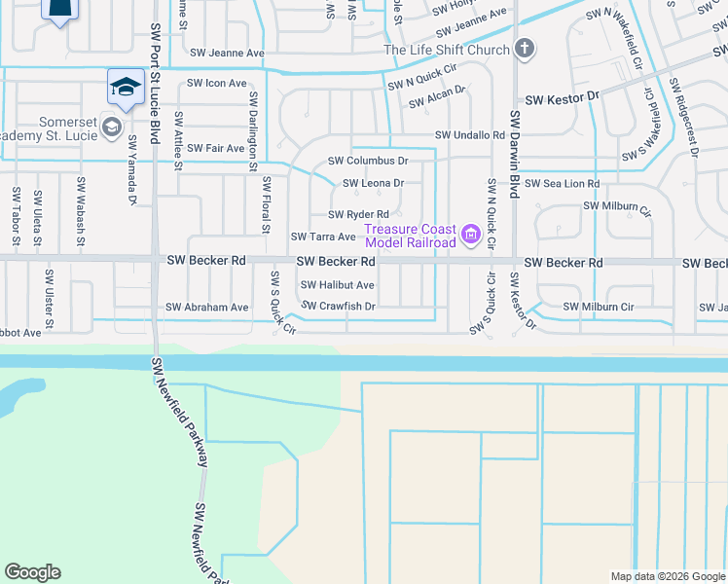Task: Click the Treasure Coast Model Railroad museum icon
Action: click(x=472, y=235)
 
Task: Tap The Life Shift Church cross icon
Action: click(x=524, y=50)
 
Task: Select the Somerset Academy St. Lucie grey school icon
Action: click(x=111, y=127)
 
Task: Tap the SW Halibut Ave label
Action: click(x=337, y=285)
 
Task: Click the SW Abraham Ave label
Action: click(x=207, y=307)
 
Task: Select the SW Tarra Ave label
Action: click(x=324, y=237)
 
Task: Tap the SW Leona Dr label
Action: click(x=373, y=183)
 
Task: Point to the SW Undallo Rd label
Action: click(x=470, y=135)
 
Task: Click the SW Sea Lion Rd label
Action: click(x=563, y=183)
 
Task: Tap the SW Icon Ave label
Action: click(x=218, y=83)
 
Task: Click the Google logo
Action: click(x=32, y=572)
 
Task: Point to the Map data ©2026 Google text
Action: click(x=667, y=576)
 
